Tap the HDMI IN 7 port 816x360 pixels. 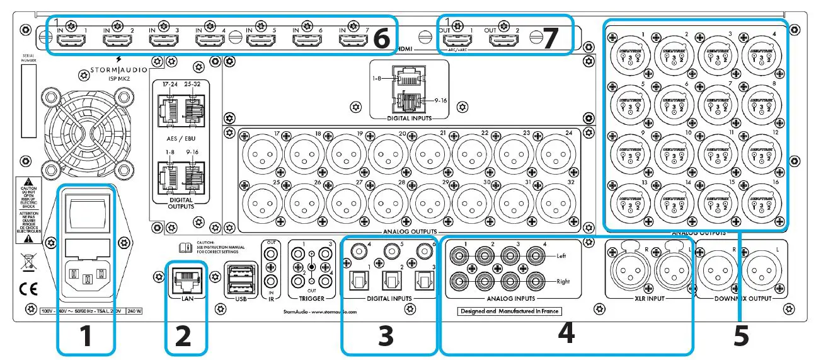click(353, 41)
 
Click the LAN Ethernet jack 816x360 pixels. click(185, 277)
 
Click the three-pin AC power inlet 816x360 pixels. click(87, 277)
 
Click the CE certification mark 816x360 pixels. click(27, 291)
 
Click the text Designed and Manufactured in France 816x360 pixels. click(509, 311)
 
